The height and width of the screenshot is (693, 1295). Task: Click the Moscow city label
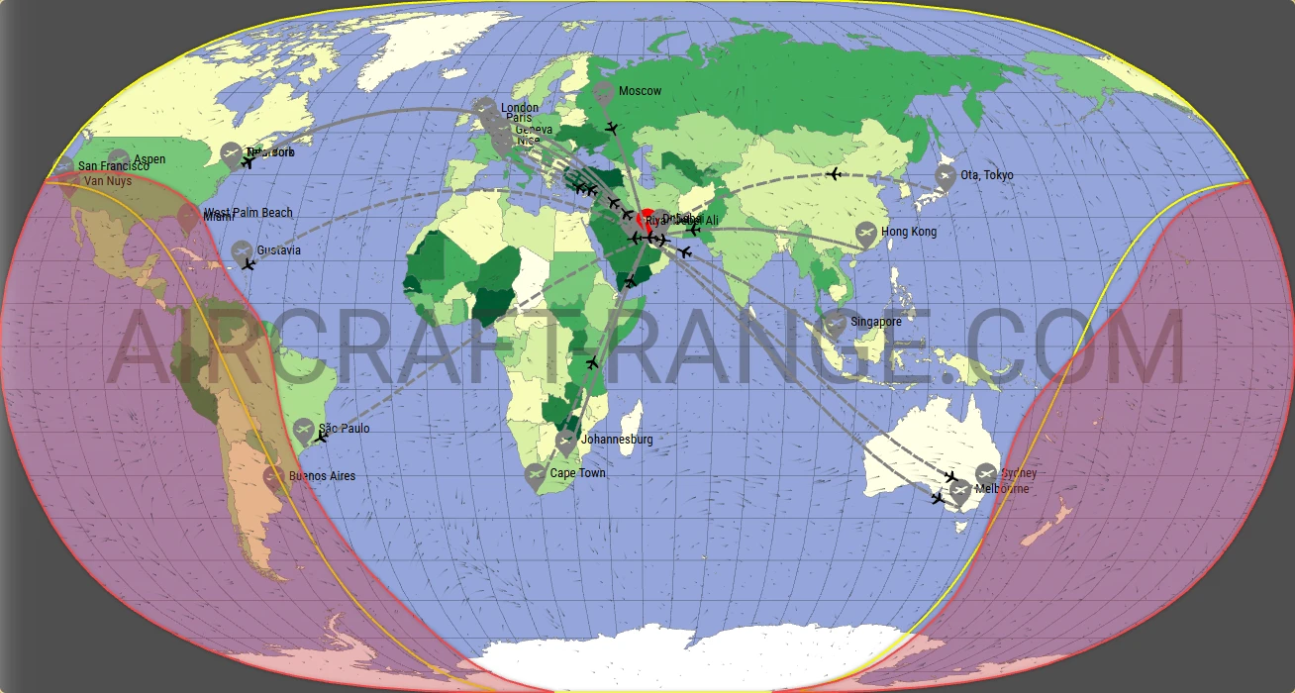pyautogui.click(x=640, y=91)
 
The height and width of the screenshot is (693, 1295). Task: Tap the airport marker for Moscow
pyautogui.click(x=604, y=93)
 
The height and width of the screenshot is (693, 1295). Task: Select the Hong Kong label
pyautogui.click(x=908, y=232)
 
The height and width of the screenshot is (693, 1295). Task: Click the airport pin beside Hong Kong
pyautogui.click(x=866, y=233)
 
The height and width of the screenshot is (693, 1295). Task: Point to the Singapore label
pyautogui.click(x=876, y=322)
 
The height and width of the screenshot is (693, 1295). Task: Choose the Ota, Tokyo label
pyautogui.click(x=987, y=175)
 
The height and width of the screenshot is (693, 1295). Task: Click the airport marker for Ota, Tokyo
pyautogui.click(x=946, y=177)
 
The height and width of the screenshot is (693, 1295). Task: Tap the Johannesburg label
pyautogui.click(x=616, y=440)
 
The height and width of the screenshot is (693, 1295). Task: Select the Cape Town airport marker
pyautogui.click(x=536, y=475)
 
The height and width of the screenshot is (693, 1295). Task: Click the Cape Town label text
pyautogui.click(x=577, y=473)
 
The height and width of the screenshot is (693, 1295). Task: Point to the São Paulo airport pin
pyautogui.click(x=304, y=430)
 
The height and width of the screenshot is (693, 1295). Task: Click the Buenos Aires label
pyautogui.click(x=322, y=476)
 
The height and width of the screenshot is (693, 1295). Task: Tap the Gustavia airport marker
pyautogui.click(x=243, y=251)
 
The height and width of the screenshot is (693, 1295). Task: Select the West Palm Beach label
pyautogui.click(x=249, y=213)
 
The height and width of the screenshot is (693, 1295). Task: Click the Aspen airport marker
pyautogui.click(x=119, y=158)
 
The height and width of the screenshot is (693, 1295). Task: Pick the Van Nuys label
pyautogui.click(x=108, y=181)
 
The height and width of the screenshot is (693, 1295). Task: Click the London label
pyautogui.click(x=520, y=108)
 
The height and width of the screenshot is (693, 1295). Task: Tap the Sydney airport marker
pyautogui.click(x=986, y=473)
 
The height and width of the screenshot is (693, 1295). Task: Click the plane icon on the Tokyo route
pyautogui.click(x=834, y=174)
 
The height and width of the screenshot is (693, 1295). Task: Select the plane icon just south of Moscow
pyautogui.click(x=612, y=128)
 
